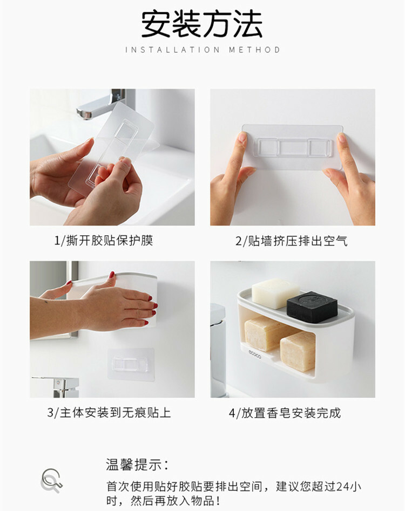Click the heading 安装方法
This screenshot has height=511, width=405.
point(202,24)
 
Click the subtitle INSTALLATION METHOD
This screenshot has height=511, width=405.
point(202,50)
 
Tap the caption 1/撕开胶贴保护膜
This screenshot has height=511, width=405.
point(103,241)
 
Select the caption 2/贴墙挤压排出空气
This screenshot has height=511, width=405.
point(292,241)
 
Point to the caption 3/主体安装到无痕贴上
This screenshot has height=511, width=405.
point(109,413)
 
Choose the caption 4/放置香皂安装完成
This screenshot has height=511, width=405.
point(285,413)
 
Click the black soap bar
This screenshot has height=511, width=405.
point(312,306)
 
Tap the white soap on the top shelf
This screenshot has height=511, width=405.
point(275,294)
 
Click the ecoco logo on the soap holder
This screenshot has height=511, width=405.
point(255,354)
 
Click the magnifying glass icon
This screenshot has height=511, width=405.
point(51,481)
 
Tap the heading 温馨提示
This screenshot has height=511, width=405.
point(137,465)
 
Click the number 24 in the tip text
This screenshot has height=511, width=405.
point(343,487)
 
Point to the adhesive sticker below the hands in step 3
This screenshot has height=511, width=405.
point(131,364)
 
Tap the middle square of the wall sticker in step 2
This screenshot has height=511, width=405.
point(293,147)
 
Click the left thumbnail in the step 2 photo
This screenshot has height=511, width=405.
point(242,137)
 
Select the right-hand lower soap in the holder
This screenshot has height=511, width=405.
point(298,351)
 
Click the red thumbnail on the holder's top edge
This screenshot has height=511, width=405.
point(112,275)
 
